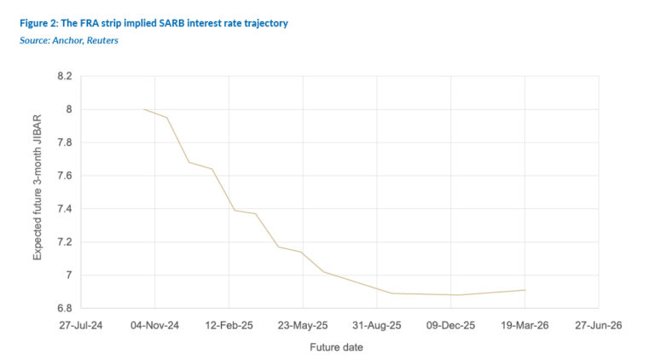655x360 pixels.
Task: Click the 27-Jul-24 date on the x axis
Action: click(x=80, y=325)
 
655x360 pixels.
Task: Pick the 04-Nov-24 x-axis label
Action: click(x=154, y=325)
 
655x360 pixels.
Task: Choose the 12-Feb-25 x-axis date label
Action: click(x=229, y=325)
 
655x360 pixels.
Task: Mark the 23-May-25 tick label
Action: click(x=303, y=325)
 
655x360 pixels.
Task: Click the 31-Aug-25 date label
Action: click(x=377, y=325)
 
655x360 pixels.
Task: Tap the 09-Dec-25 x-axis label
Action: click(x=450, y=325)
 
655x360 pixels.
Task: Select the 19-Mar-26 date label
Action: click(x=525, y=325)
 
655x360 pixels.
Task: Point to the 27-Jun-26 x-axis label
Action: click(x=599, y=325)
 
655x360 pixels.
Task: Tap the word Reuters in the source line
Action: click(x=101, y=40)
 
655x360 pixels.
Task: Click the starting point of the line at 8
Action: click(x=144, y=109)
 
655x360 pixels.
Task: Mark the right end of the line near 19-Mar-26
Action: click(x=525, y=290)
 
